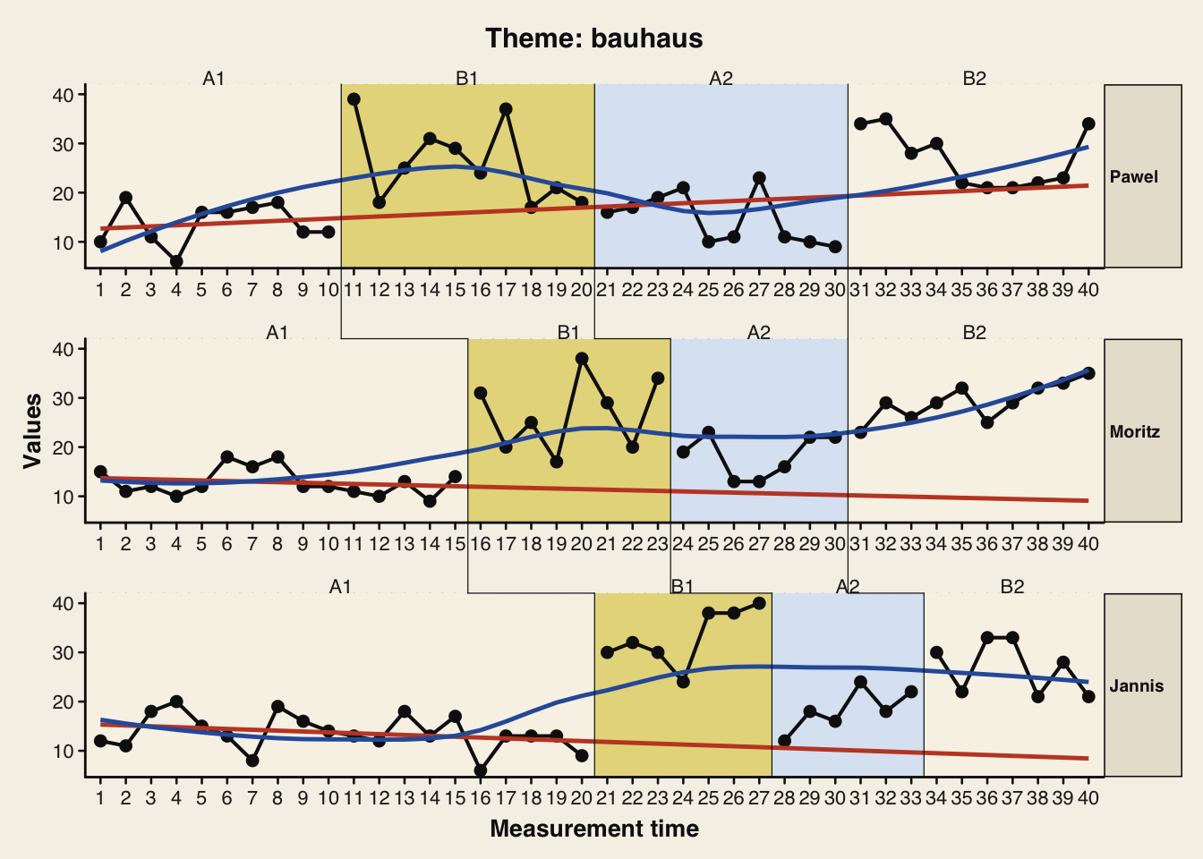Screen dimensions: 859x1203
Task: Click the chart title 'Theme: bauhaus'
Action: pyautogui.click(x=593, y=38)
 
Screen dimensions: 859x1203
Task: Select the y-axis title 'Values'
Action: pyautogui.click(x=33, y=430)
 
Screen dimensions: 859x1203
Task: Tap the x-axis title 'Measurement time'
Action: pyautogui.click(x=594, y=829)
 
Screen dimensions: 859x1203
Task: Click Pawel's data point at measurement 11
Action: pyautogui.click(x=354, y=99)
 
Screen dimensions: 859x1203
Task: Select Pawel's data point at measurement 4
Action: pyautogui.click(x=176, y=262)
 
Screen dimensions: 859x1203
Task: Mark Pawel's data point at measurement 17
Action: pyautogui.click(x=506, y=109)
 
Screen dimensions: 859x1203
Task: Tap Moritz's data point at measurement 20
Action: pyautogui.click(x=582, y=359)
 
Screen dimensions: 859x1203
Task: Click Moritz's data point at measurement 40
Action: pyautogui.click(x=1088, y=373)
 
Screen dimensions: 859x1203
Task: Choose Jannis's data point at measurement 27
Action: pyautogui.click(x=759, y=603)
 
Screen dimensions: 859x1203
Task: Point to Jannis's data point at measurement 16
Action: pyautogui.click(x=481, y=770)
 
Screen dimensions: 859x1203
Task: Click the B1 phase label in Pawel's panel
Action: pyautogui.click(x=467, y=79)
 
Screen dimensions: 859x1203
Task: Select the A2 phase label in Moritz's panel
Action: pyautogui.click(x=759, y=333)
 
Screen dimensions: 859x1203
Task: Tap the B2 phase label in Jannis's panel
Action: pyautogui.click(x=1012, y=587)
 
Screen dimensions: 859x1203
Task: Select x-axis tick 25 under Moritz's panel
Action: pyautogui.click(x=708, y=544)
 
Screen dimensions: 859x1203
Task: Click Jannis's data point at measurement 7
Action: pyautogui.click(x=252, y=761)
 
